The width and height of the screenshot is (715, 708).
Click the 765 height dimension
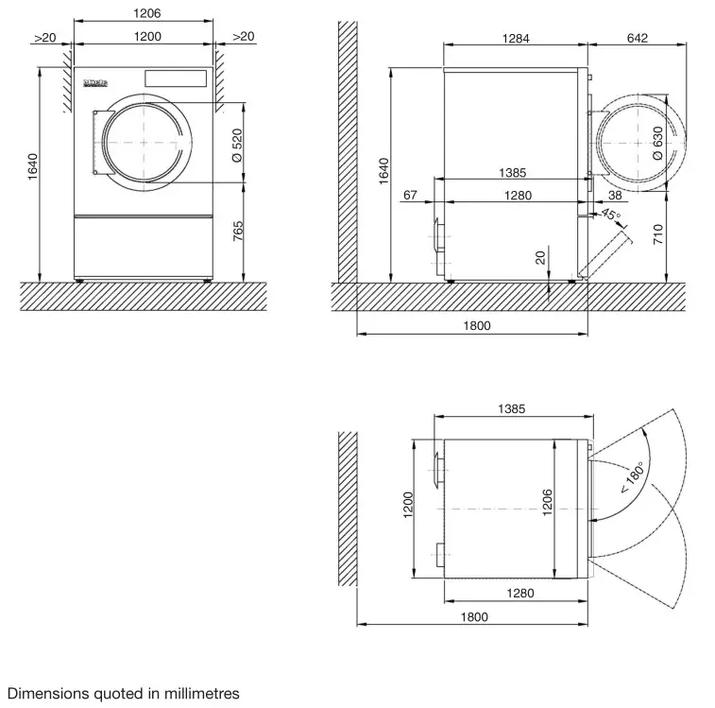[x=237, y=232]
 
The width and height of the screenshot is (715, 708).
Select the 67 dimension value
[x=410, y=195]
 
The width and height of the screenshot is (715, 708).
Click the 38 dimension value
[x=615, y=195]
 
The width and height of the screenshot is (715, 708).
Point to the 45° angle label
[x=611, y=216]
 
